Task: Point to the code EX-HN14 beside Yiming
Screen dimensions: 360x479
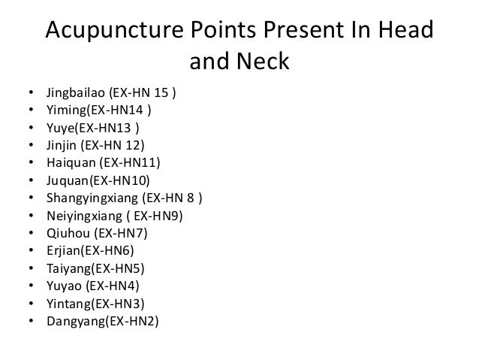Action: (x=118, y=110)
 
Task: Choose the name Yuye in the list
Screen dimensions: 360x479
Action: (x=60, y=126)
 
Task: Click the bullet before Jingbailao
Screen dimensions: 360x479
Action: (x=30, y=95)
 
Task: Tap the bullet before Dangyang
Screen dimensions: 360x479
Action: (x=30, y=318)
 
